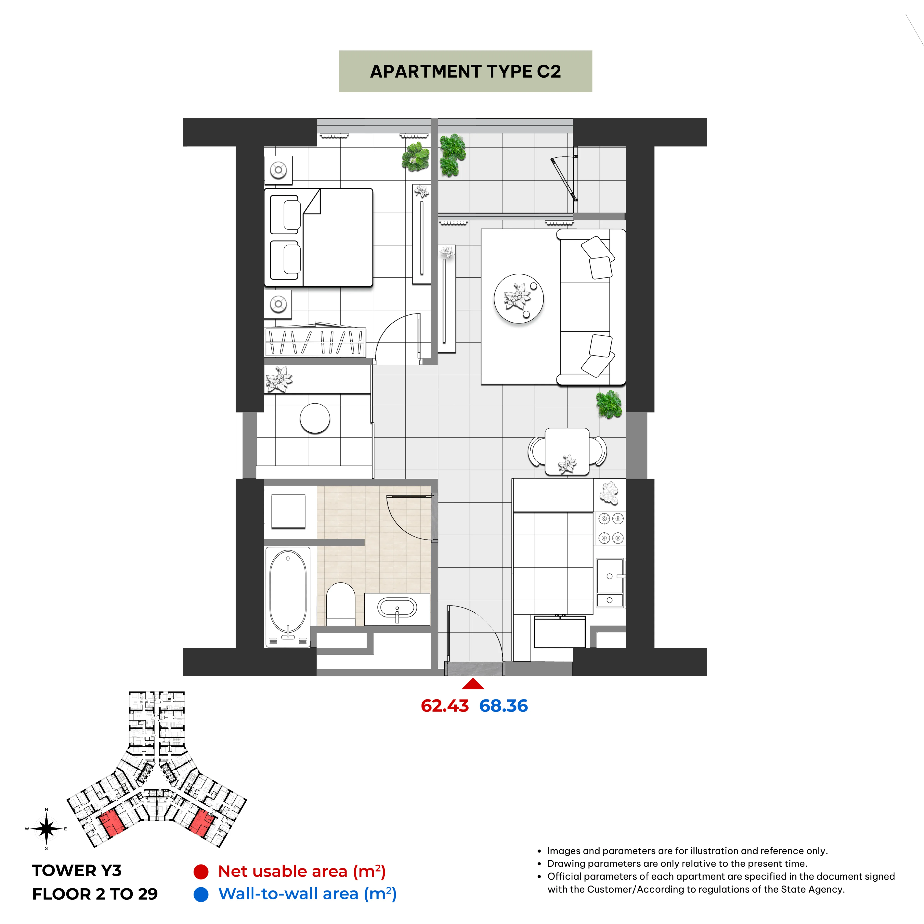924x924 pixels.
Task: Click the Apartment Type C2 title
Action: pyautogui.click(x=465, y=71)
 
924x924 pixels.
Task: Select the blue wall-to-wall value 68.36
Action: pyautogui.click(x=504, y=706)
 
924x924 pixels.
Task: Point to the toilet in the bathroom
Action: pyautogui.click(x=340, y=604)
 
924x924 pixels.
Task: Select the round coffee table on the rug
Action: pyautogui.click(x=519, y=299)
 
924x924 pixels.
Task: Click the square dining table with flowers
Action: pyautogui.click(x=567, y=451)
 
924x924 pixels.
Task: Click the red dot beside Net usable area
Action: pyautogui.click(x=201, y=872)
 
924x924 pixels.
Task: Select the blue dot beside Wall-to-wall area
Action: pyautogui.click(x=201, y=894)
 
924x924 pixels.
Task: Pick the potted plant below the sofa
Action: pyautogui.click(x=609, y=404)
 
